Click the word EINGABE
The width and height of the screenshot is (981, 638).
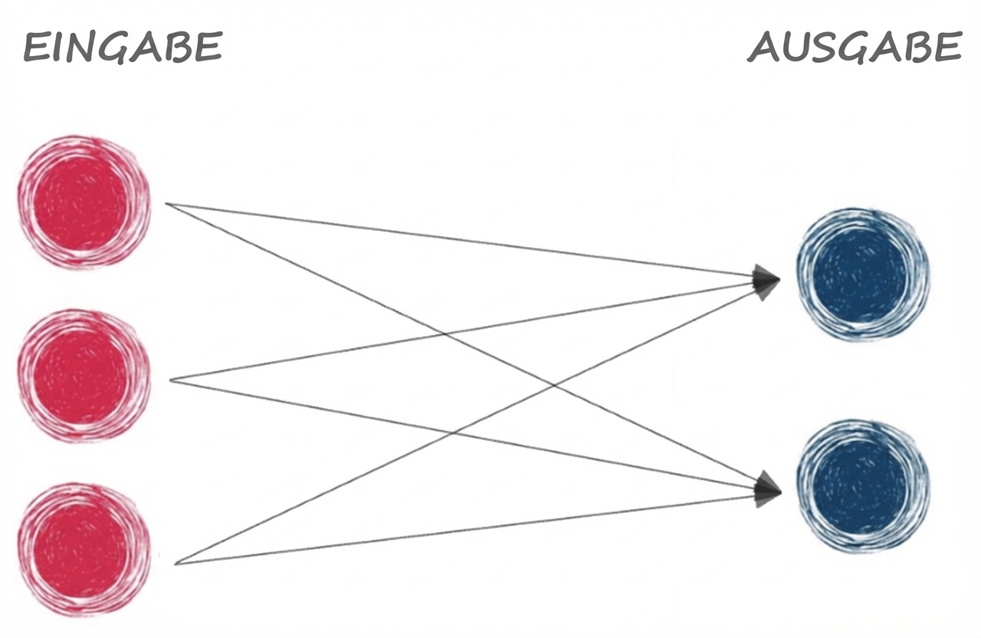pos(123,48)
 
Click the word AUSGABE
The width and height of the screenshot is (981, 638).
pos(855,48)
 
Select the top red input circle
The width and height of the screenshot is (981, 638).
pos(84,202)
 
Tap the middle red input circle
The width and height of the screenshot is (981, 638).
pos(84,376)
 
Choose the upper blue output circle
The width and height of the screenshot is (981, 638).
pos(862,275)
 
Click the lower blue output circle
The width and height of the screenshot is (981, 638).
pos(862,486)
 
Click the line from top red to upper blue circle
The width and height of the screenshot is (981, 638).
pos(460,239)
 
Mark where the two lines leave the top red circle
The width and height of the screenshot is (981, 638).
pos(167,204)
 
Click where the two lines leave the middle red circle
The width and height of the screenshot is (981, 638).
pos(170,379)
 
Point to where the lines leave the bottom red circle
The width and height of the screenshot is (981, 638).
pos(176,564)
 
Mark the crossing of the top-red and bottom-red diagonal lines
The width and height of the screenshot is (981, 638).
pos(553,384)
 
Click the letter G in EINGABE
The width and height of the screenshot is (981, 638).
pos(114,48)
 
